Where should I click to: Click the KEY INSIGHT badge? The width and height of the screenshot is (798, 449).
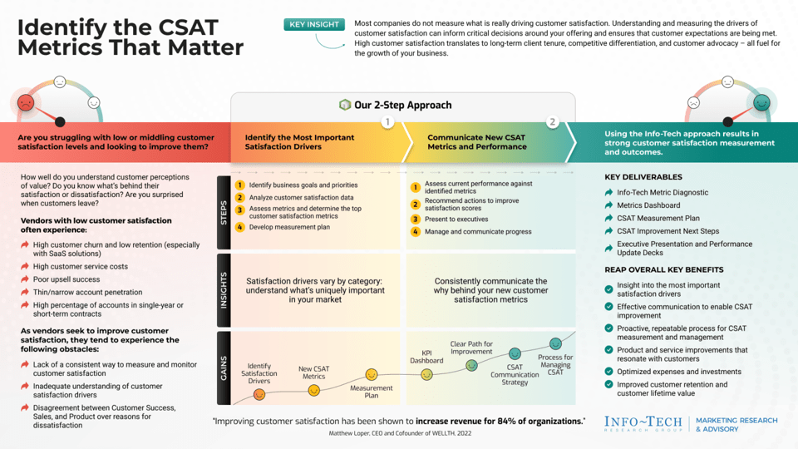313,25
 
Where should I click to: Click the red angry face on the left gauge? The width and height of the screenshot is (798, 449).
26,103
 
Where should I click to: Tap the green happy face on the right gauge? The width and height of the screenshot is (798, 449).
761,103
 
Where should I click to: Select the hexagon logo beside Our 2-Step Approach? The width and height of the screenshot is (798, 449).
345,105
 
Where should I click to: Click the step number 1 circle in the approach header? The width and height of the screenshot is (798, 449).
387,122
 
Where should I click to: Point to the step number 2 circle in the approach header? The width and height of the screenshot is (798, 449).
552,122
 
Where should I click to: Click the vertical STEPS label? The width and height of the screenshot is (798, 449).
224,212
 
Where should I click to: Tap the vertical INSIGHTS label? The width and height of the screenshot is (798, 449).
224,290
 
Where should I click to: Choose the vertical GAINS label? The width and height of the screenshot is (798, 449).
224,369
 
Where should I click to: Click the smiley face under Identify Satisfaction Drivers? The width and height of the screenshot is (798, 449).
259,394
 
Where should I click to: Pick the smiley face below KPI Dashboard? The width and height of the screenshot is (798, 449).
426,374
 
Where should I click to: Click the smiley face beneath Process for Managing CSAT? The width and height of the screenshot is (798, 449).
555,344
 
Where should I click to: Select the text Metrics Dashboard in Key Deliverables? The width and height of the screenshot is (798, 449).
648,205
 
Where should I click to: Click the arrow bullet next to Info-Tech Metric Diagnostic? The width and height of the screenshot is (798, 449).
609,193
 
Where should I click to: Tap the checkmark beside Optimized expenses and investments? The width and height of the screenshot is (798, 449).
609,372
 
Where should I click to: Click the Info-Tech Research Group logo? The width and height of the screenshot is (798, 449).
643,423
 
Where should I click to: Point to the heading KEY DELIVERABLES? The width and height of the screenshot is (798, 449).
643,177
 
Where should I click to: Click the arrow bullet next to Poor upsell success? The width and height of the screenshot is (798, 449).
25,280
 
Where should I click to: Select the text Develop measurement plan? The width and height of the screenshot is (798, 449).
289,227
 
